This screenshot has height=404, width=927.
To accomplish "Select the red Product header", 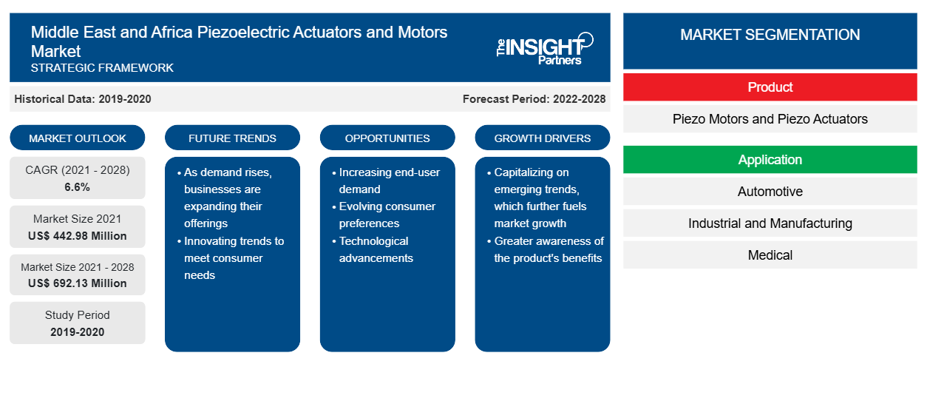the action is click(770, 87).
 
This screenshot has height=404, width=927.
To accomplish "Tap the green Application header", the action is click(770, 160).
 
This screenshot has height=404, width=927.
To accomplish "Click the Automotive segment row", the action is click(770, 192).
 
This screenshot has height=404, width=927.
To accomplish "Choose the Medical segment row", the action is click(770, 255).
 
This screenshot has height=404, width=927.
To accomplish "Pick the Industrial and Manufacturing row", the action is click(770, 223).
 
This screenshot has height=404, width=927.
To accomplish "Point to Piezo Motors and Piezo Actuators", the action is click(770, 119).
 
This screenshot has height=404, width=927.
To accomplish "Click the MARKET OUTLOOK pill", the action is click(78, 138).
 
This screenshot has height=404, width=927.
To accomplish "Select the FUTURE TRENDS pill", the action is click(232, 138).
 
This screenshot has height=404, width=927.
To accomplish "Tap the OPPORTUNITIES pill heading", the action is click(387, 138).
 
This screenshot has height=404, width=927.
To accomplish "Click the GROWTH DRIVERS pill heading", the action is click(542, 138).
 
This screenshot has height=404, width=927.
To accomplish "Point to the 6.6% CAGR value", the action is click(77, 187).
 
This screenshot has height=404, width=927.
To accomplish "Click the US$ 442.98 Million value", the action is click(78, 236).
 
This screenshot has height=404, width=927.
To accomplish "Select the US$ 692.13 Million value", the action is click(78, 283).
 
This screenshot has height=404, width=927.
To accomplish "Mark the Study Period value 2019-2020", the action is click(78, 332).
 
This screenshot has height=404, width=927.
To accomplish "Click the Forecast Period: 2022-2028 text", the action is click(534, 99).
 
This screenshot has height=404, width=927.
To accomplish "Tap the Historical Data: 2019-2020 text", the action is click(83, 99).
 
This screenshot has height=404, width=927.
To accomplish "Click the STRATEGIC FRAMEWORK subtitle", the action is click(102, 67).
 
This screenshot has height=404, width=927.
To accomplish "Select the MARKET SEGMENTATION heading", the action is click(770, 34).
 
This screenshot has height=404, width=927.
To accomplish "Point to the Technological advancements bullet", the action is click(373, 249).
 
